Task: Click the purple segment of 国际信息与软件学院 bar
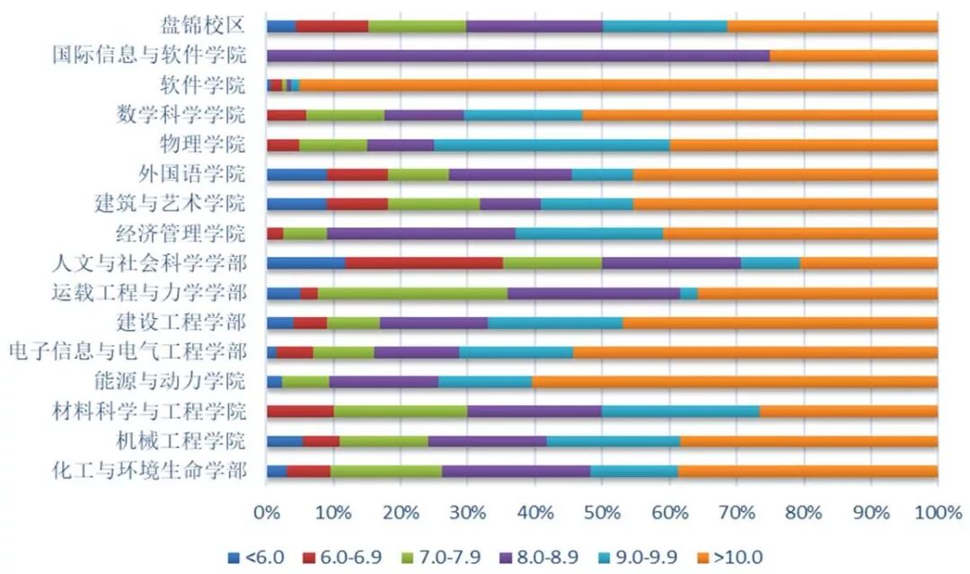(518, 56)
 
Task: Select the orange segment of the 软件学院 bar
(618, 85)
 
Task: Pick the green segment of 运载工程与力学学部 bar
(412, 293)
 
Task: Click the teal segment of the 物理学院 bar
(551, 145)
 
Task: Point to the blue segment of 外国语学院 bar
(296, 174)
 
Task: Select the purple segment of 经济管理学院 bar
(420, 234)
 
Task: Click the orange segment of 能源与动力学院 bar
(734, 382)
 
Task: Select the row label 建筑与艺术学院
(170, 204)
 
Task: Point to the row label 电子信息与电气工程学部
(127, 351)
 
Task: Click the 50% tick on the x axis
(602, 513)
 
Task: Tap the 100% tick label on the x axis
(936, 513)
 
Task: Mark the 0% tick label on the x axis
(267, 513)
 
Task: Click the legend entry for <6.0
(256, 558)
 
